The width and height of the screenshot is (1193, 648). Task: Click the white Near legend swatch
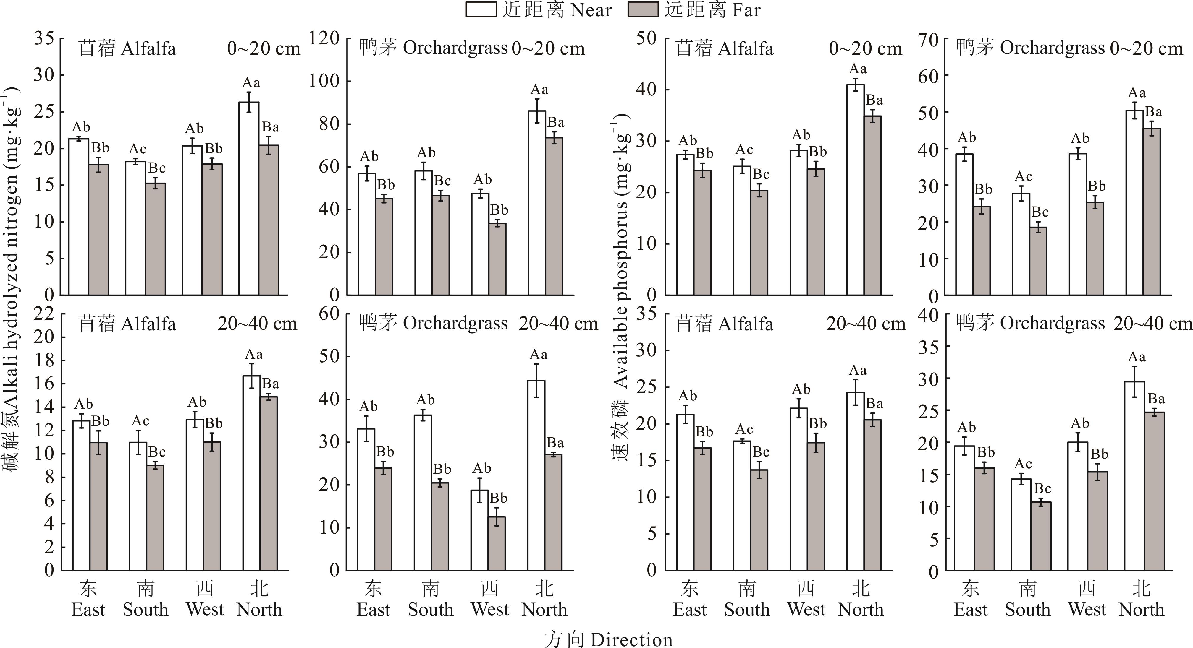click(481, 10)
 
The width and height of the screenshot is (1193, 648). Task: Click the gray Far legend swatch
click(643, 10)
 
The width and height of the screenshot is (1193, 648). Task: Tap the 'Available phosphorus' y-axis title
click(620, 259)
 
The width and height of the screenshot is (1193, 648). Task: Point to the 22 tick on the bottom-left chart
click(44, 314)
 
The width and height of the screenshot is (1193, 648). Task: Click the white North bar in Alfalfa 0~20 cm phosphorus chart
click(855, 189)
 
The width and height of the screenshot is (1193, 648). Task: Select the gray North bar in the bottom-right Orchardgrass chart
click(1155, 491)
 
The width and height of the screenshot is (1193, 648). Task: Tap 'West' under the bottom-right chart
click(1087, 610)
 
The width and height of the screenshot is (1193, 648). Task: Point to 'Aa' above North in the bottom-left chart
click(253, 355)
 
